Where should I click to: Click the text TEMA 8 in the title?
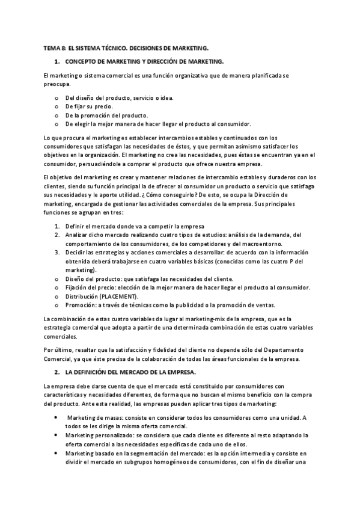[x=55, y=48]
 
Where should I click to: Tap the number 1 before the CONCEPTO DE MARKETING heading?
[x=56, y=61]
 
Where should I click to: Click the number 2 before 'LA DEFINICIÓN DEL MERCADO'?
[x=56, y=372]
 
